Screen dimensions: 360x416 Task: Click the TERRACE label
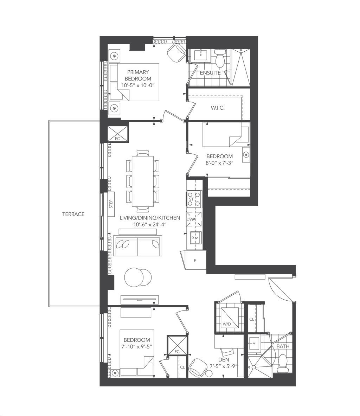tap(73, 214)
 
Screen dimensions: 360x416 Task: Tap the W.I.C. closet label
tap(218, 108)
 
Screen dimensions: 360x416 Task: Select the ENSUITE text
tap(210, 73)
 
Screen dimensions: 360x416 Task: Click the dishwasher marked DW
tap(194, 219)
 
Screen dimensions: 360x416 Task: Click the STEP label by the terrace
tap(111, 204)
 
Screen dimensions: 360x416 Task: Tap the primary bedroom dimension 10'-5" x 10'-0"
tap(138, 85)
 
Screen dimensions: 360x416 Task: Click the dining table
tap(142, 181)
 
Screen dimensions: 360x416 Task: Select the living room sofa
tap(138, 245)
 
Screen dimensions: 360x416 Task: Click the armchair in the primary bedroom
tap(176, 53)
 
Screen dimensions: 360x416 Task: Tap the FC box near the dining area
tap(117, 134)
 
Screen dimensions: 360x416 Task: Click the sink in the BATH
tap(255, 343)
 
